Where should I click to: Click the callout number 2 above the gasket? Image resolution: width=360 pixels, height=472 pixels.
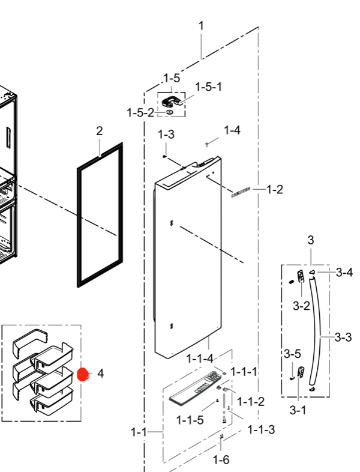pos(100,131)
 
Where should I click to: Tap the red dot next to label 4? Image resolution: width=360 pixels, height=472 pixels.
pos(83,375)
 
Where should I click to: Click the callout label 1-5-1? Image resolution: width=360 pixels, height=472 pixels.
pos(208,87)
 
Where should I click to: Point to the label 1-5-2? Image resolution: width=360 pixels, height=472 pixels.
pos(140,112)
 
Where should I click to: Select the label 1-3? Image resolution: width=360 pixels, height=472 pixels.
pos(166,135)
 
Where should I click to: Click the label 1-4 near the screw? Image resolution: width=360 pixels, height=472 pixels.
pos(232,130)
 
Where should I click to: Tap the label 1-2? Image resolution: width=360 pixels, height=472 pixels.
pos(274,190)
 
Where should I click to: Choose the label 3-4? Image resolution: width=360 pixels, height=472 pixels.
pos(344,273)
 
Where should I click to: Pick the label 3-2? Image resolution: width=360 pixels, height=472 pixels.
pos(301,306)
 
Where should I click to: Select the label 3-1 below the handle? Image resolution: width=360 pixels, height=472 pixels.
pos(299,411)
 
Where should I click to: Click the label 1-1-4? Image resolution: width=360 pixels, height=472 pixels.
pos(200,359)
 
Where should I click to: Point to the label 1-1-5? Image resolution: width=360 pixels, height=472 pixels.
pos(190,420)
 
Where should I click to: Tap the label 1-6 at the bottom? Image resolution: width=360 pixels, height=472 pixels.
pos(221,460)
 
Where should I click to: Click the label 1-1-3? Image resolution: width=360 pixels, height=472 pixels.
pos(262,429)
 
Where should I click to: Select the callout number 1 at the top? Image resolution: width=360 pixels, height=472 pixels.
pos(201,26)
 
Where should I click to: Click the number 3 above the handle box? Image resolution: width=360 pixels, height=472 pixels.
pos(310,241)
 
